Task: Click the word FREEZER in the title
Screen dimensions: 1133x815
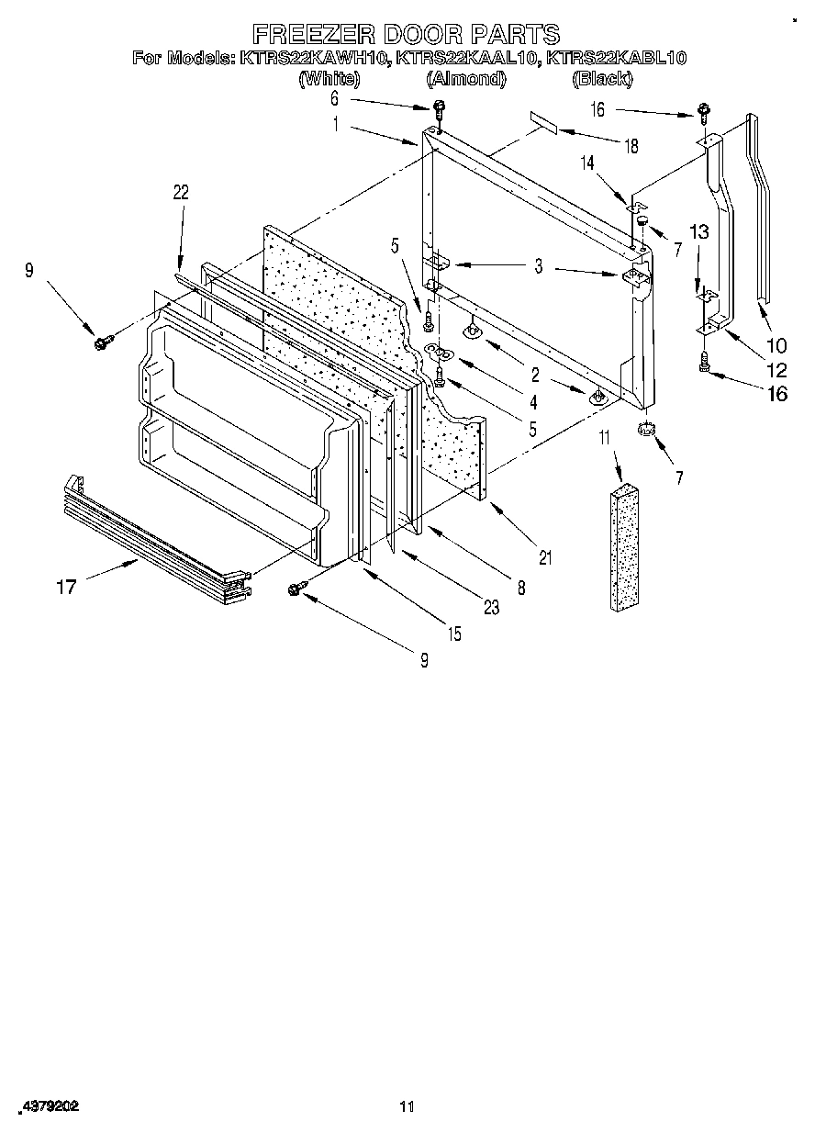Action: pos(304,35)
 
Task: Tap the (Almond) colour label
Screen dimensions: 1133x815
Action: pos(466,79)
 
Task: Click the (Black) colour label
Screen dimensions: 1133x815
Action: pos(602,79)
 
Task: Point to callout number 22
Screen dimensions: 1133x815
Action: pos(181,192)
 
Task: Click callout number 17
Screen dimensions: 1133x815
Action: pos(66,587)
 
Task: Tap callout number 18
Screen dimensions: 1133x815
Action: pos(630,146)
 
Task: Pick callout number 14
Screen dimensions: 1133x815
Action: pos(586,163)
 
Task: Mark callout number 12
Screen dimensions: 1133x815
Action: pos(776,370)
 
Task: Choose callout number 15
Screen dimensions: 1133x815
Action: pos(454,634)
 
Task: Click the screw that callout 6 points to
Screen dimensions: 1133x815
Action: pos(440,109)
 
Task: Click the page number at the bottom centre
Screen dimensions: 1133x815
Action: pos(407,1107)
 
